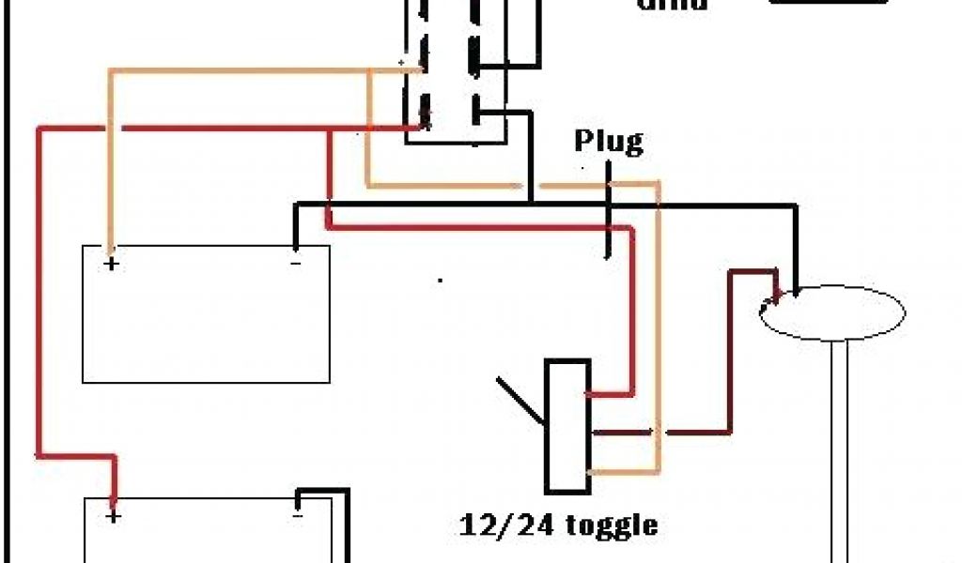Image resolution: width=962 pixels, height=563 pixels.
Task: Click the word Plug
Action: [609, 142]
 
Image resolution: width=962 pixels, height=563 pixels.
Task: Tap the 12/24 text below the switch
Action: [498, 524]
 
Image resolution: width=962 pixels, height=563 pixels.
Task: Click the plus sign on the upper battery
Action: [112, 264]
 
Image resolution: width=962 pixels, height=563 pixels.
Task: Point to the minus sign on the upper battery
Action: [295, 264]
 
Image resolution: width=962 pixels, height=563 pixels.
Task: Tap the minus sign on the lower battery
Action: [298, 515]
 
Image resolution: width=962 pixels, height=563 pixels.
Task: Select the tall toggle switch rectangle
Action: [567, 425]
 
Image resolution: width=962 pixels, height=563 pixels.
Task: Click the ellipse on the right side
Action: [830, 313]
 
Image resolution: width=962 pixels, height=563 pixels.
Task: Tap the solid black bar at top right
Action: [828, 4]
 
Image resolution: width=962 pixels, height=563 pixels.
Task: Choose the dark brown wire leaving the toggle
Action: [695, 432]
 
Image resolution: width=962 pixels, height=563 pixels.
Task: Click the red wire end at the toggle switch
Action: [601, 395]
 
